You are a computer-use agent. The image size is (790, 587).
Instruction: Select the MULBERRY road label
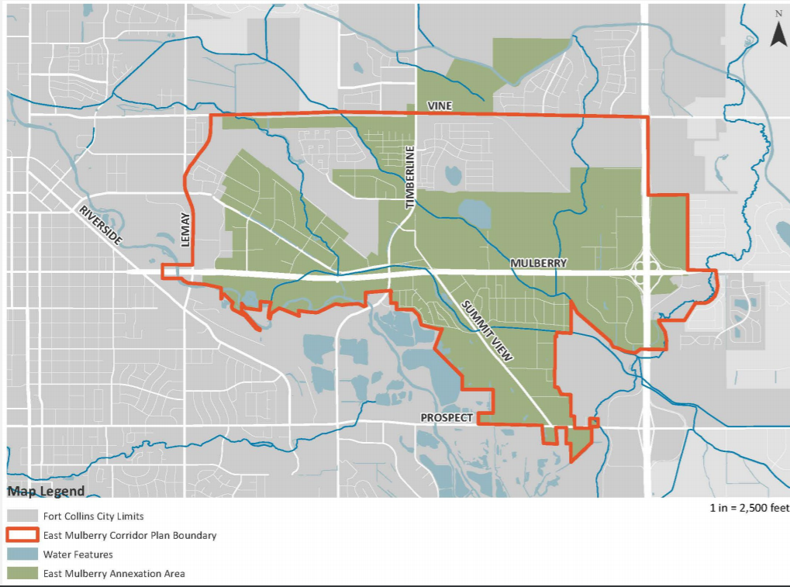tap(538, 264)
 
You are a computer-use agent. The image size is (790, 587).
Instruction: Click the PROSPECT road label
tap(447, 418)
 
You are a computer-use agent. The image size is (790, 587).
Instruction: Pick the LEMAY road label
tap(185, 230)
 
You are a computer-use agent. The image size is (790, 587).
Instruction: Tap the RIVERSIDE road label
tap(99, 225)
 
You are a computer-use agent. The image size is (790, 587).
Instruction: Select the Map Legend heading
tap(46, 492)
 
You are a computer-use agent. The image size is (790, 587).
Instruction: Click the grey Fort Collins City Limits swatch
tap(20, 516)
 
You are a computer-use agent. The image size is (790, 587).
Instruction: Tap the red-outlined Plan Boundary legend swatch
tap(20, 535)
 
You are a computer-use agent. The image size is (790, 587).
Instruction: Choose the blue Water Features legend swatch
tap(20, 554)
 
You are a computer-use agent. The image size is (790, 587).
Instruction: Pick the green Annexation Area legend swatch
tap(20, 574)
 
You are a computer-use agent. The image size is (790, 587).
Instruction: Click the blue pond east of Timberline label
tap(474, 212)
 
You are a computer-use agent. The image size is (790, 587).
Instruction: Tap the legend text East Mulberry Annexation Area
tap(114, 574)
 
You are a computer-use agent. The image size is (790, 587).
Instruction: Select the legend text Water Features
tap(78, 554)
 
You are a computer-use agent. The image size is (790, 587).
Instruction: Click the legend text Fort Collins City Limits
tap(94, 516)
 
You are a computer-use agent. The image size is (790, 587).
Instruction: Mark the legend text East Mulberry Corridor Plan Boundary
tap(130, 535)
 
